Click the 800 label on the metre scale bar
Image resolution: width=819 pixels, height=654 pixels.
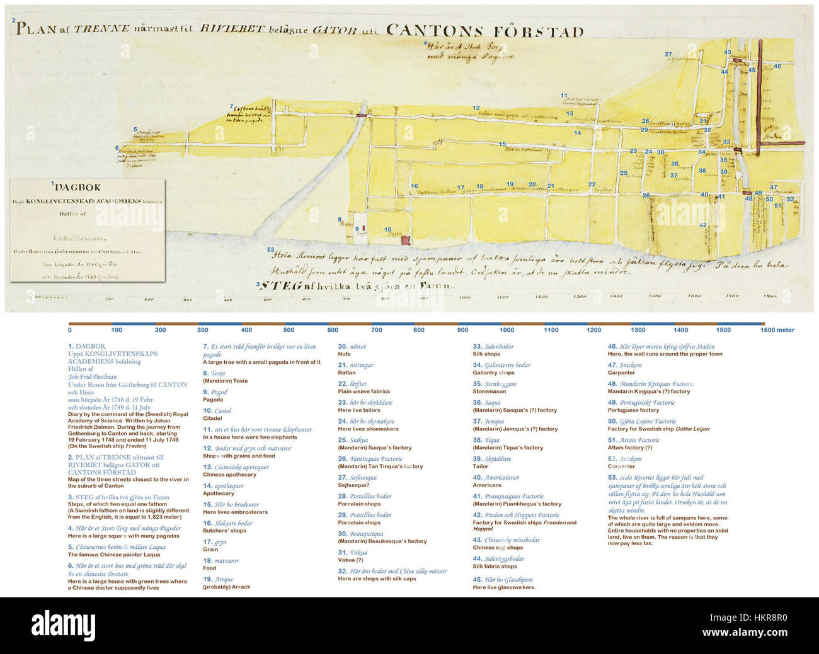point(419,330)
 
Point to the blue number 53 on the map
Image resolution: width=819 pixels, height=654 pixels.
point(270,250)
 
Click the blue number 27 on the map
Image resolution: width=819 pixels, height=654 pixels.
point(668,54)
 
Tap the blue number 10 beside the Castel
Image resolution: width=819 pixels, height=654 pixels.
point(387,230)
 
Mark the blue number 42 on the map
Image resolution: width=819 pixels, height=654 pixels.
point(702,225)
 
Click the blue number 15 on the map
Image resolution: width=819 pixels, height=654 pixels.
point(502,144)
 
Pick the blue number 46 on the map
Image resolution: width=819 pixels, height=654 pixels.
point(777,66)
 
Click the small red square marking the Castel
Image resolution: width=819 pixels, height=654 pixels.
point(406,240)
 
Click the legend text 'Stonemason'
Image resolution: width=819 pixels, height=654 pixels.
point(490,392)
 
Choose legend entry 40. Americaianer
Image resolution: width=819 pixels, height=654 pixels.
point(496,478)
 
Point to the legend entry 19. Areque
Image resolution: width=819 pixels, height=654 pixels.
point(218,579)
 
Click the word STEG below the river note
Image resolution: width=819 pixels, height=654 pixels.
point(282,286)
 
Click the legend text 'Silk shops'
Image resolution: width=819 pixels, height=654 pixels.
point(486,354)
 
